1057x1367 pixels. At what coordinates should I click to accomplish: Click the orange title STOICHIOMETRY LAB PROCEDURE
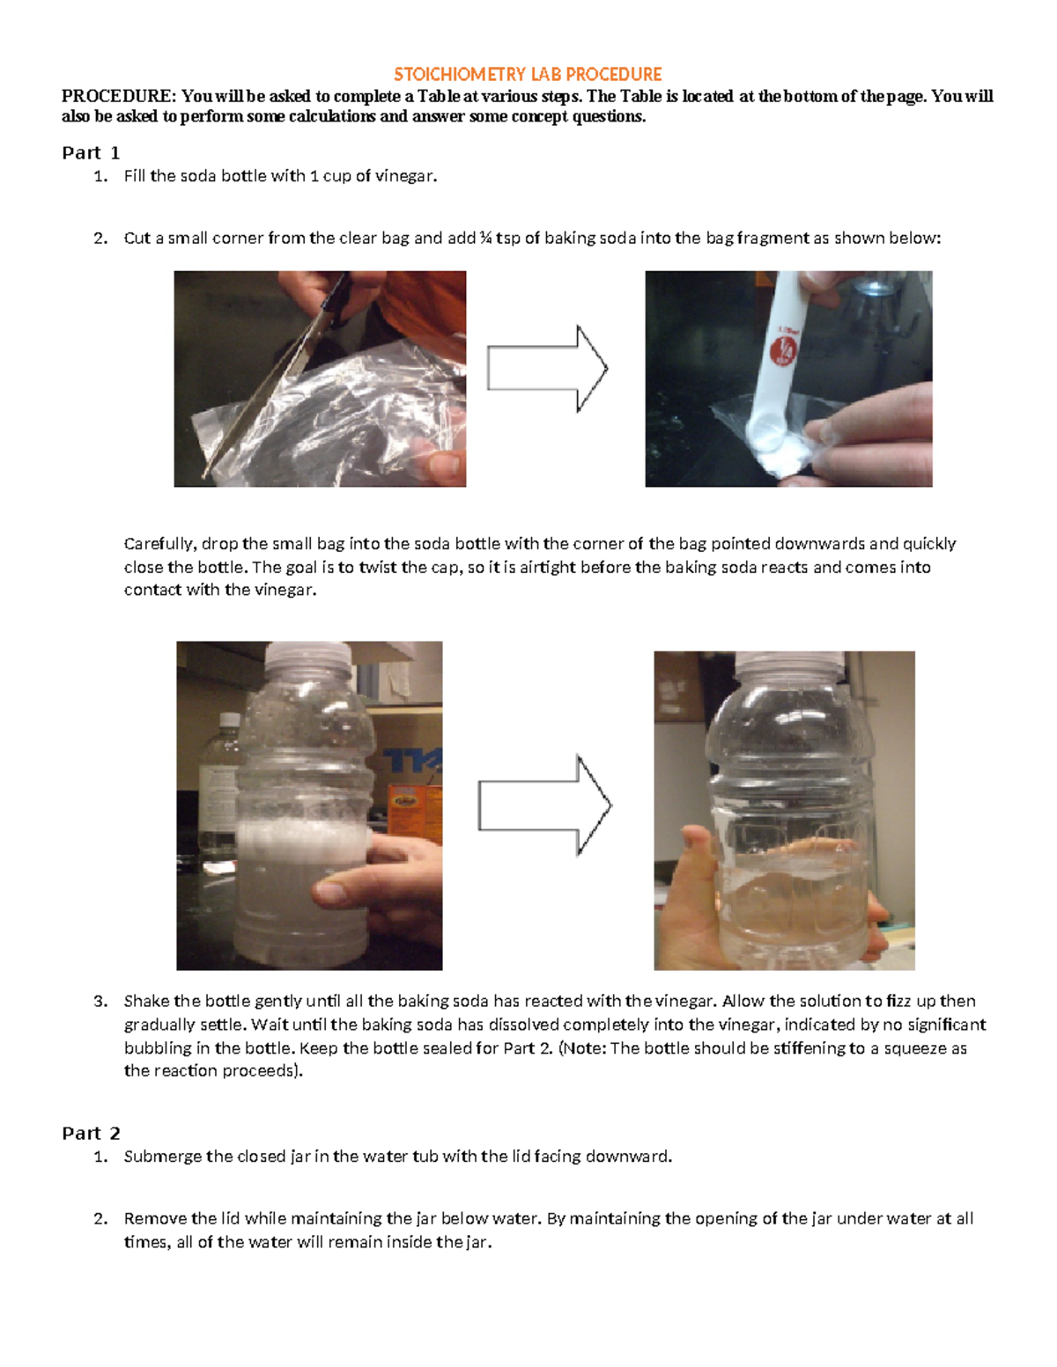point(528,74)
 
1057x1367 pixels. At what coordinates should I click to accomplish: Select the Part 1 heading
point(90,153)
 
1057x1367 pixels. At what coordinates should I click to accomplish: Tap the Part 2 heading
point(90,1134)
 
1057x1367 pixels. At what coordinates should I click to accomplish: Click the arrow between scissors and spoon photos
point(546,369)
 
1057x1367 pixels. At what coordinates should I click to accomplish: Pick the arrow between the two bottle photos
point(543,805)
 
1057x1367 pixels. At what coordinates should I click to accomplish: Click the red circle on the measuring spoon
point(783,350)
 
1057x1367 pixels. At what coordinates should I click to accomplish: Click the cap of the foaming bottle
point(307,657)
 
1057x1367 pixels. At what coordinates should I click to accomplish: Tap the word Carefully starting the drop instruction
point(161,544)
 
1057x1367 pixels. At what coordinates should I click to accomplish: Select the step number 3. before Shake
point(100,1002)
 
